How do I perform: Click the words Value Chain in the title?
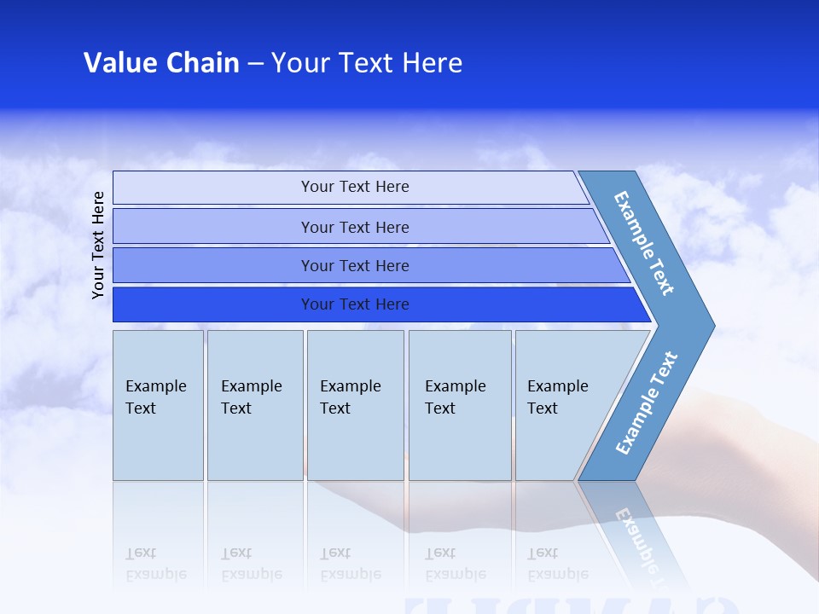161,63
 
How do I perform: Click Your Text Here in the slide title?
367,63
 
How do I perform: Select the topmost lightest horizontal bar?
213,188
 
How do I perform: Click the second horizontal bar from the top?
213,227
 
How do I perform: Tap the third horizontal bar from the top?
213,265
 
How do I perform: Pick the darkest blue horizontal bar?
213,304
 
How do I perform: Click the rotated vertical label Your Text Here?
98,245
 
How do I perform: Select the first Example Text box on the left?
158,405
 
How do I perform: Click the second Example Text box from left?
254,405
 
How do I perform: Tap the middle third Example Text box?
355,405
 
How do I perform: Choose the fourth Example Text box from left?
460,405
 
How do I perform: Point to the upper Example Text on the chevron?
644,243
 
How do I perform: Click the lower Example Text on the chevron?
647,403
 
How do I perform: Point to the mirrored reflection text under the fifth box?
559,565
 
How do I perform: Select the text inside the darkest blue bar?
355,304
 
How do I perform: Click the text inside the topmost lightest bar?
355,187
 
